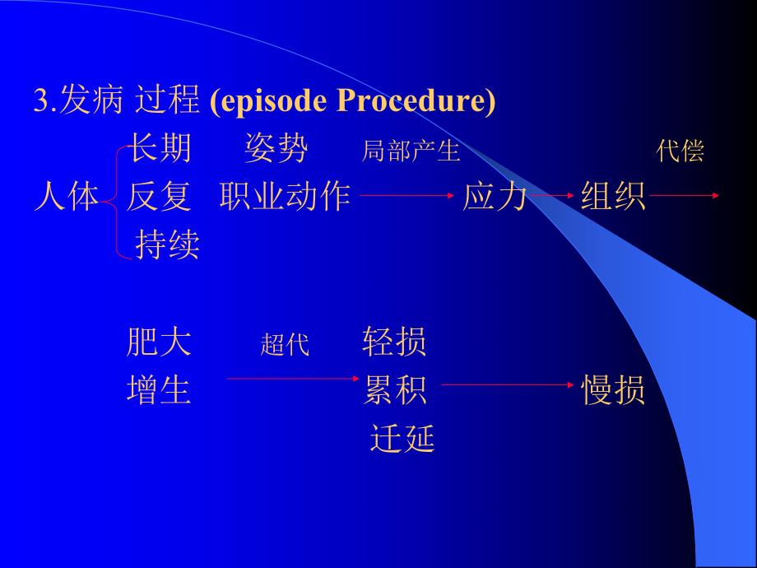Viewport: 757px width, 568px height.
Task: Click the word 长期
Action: point(159,149)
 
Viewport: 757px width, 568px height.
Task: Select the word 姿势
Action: point(276,149)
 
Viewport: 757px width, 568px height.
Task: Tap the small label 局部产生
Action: point(411,151)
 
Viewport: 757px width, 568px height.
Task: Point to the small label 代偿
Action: point(680,151)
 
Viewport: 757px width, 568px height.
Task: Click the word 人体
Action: point(66,197)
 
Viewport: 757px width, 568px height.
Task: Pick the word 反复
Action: point(159,197)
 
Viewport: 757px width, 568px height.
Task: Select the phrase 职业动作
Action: point(286,197)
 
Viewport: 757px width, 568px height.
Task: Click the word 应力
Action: point(495,197)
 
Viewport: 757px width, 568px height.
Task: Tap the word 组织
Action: point(613,197)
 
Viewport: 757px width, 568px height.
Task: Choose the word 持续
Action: point(167,244)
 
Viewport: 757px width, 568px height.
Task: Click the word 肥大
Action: point(159,342)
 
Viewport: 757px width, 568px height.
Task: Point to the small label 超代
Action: point(285,345)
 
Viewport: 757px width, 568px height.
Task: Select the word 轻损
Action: point(394,342)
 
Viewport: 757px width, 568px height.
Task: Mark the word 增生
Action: point(159,389)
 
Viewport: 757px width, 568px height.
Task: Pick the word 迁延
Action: point(402,439)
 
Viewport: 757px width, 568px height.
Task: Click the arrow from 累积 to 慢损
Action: point(506,384)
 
